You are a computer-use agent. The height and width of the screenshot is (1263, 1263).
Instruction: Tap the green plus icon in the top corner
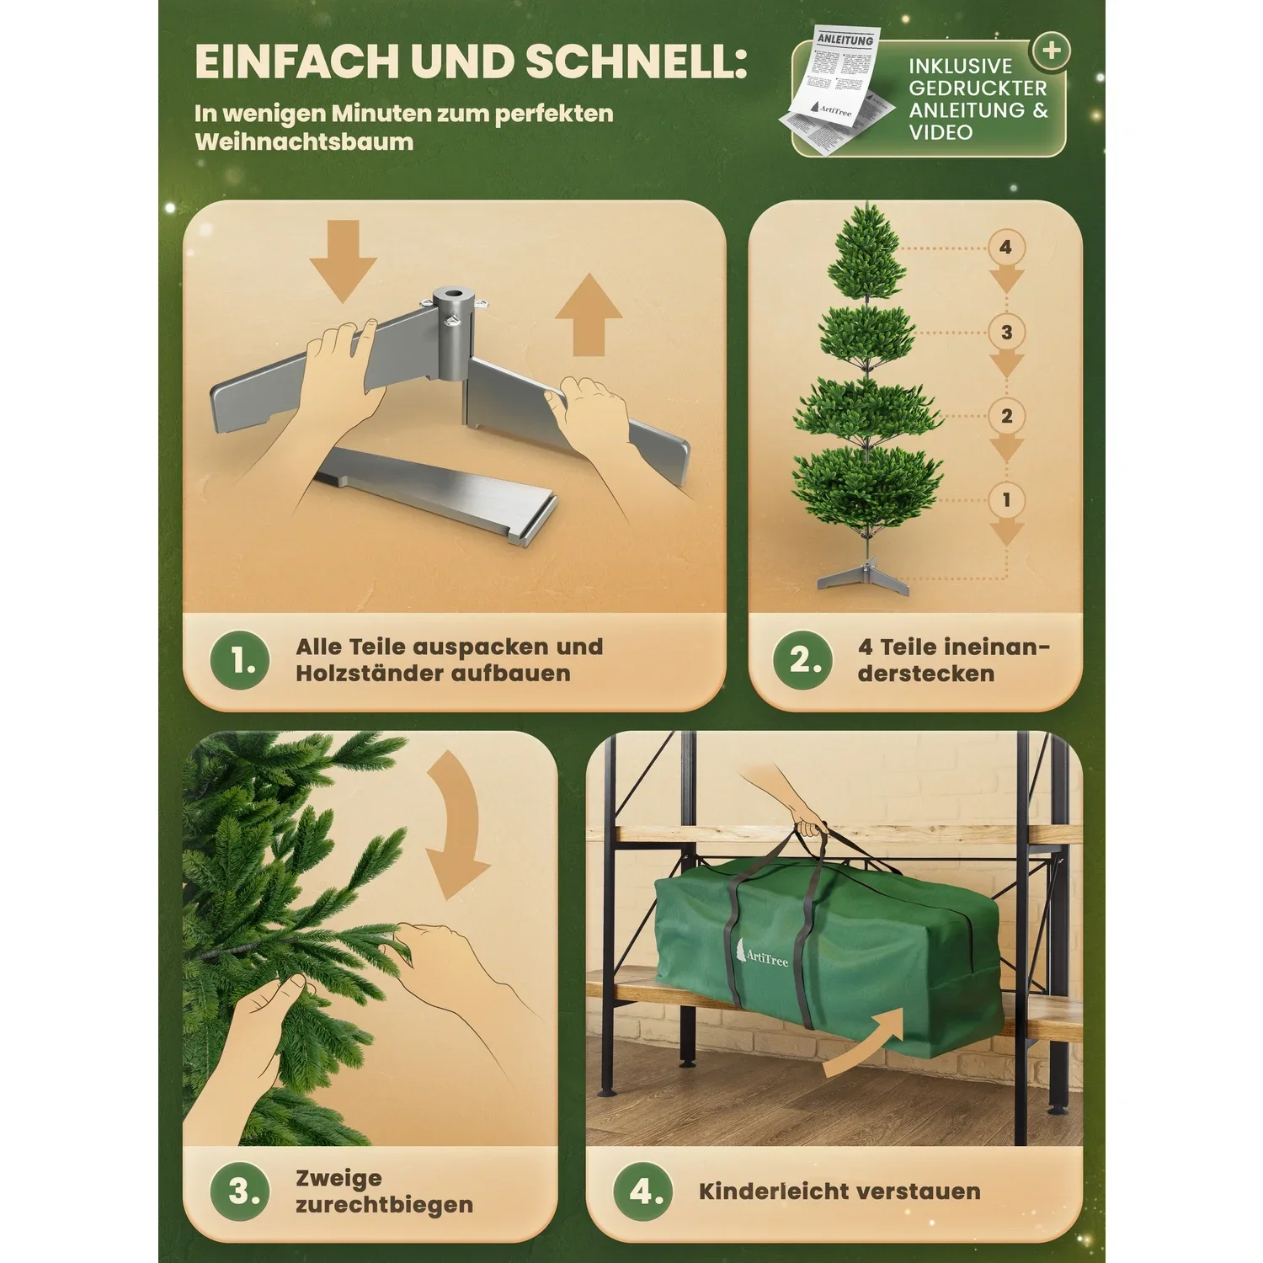(x=1051, y=51)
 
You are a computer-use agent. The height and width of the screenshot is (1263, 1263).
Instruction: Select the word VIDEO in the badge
(x=941, y=132)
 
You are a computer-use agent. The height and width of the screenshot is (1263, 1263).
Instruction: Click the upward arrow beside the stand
(x=589, y=315)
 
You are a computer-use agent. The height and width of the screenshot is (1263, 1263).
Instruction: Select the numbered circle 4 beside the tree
(x=1005, y=248)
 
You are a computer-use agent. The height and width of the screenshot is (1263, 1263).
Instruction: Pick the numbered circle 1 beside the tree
(x=1006, y=500)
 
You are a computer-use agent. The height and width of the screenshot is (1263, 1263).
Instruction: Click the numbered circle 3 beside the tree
(x=1006, y=332)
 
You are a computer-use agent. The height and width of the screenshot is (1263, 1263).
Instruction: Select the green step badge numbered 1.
(x=241, y=660)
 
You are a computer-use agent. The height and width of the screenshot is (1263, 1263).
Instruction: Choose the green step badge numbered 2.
(x=803, y=660)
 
